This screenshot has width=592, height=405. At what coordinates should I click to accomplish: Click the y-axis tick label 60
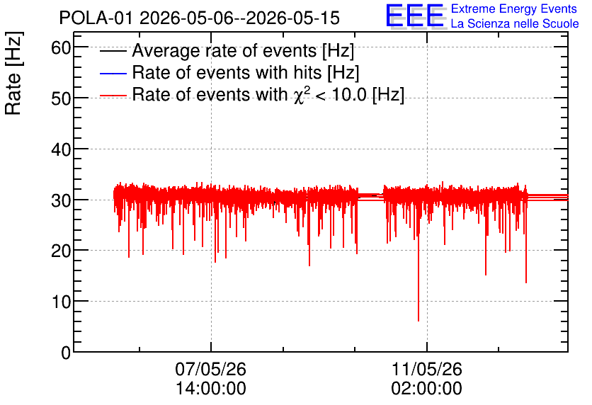point(61,48)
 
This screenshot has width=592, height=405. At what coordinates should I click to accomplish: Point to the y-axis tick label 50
point(61,99)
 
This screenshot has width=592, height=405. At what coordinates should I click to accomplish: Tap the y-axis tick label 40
point(61,150)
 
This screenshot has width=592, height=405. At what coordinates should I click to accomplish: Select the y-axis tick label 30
point(61,200)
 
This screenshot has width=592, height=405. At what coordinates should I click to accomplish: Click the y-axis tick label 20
point(61,251)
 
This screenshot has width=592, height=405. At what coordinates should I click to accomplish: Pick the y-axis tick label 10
point(61,302)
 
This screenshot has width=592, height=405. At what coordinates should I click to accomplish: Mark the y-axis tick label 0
point(66,353)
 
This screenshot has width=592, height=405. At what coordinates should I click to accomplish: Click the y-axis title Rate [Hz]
point(13,73)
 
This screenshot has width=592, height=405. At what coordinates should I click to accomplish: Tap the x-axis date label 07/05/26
point(211,369)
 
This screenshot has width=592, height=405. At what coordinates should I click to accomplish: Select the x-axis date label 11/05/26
point(426,369)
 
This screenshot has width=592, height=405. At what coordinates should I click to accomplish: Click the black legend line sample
point(113,51)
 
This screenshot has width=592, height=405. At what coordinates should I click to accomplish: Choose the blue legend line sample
point(113,73)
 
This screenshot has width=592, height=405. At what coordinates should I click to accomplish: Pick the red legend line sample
point(113,96)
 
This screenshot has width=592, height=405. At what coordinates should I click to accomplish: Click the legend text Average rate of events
point(224,50)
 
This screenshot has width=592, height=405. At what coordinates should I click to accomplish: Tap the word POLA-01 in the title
point(96,18)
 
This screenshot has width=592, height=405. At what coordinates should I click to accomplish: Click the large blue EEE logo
point(414,16)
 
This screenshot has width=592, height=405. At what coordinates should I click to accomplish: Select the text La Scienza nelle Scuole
point(515,23)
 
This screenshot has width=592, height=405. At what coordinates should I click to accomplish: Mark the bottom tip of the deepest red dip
point(419,321)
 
